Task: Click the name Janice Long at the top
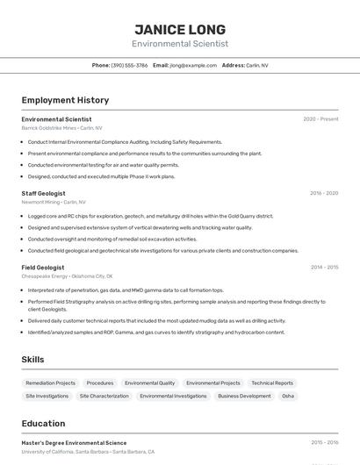coord(180,29)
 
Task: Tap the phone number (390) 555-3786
coord(129,65)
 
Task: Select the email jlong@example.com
coord(193,65)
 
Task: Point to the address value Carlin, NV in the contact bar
coord(257,65)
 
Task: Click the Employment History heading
coord(65,100)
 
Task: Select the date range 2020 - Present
coord(320,119)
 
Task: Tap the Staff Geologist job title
coord(43,193)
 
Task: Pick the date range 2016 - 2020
coord(324,193)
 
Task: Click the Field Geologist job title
coord(42,267)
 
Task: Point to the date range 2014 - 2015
coord(324,267)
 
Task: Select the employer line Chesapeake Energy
coord(67,275)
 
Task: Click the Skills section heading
coord(33,359)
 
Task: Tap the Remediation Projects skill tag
coord(50,383)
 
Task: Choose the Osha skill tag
coord(287,396)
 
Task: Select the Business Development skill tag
coord(244,396)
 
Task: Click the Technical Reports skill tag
coord(271,383)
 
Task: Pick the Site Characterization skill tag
coord(104,396)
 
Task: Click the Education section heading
coord(43,423)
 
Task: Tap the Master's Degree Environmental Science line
coord(74,443)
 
